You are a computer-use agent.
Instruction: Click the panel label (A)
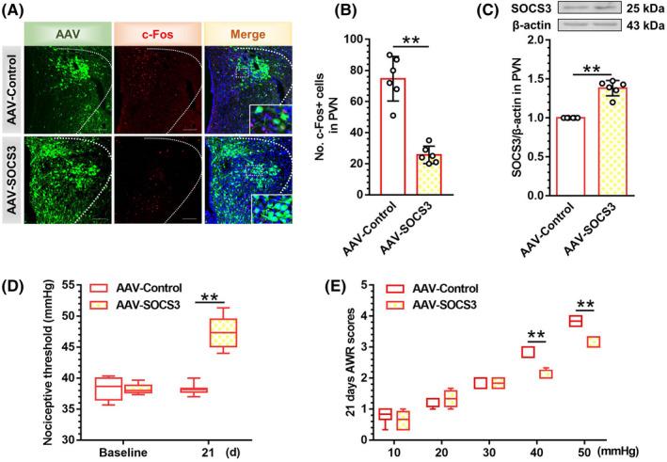tap(18, 10)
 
